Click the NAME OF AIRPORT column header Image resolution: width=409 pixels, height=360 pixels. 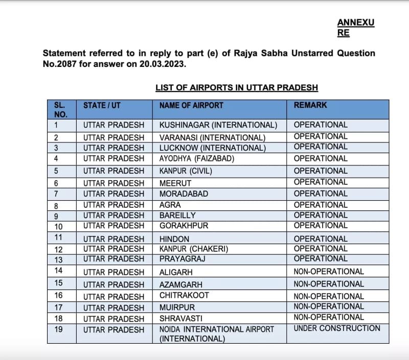coord(191,105)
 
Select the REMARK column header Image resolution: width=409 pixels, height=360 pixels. coord(310,105)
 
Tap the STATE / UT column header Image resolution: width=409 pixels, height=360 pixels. coord(103,105)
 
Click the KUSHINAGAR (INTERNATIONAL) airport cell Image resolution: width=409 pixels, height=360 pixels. coord(218,125)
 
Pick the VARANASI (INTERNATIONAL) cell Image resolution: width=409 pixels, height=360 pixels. coord(212,137)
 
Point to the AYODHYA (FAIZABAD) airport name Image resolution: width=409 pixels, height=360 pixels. coord(196,159)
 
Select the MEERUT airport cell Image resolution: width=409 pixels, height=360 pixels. coord(175,183)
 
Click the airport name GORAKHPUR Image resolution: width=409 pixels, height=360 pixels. coord(184,226)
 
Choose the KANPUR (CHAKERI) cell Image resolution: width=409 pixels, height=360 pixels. coord(194,249)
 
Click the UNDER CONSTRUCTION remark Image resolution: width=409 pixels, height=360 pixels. coord(337,328)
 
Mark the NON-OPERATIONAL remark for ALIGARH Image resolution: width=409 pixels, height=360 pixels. coord(329,272)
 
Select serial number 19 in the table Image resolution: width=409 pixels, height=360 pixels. coord(58,329)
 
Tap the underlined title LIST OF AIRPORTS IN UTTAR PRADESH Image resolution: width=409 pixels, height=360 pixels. coord(237,88)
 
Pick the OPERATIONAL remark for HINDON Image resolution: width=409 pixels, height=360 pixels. coord(321,239)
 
